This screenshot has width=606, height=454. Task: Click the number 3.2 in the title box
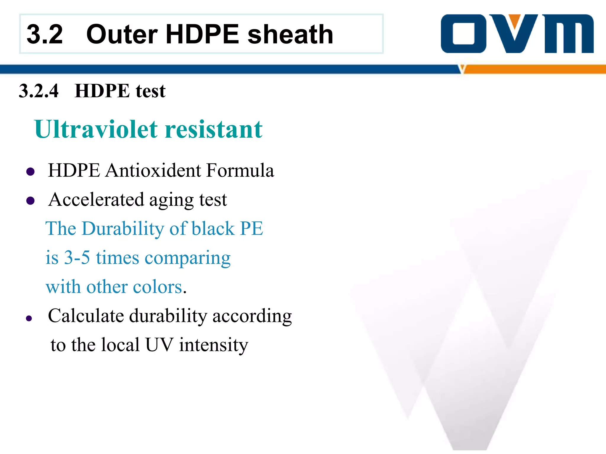(x=45, y=35)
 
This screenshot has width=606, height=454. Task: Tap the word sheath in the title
(x=290, y=35)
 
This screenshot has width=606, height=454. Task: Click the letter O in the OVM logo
(x=463, y=34)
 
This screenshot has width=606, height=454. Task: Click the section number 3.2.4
(x=39, y=91)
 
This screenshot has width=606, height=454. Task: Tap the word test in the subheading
(x=151, y=91)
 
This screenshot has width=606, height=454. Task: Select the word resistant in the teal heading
(x=214, y=129)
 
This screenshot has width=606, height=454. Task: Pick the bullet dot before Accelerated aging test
(x=30, y=201)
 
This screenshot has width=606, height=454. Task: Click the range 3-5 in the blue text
(x=77, y=257)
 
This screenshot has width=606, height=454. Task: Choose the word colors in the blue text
(x=158, y=287)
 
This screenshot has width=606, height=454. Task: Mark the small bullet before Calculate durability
(x=29, y=318)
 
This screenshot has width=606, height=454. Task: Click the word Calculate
(x=86, y=316)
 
